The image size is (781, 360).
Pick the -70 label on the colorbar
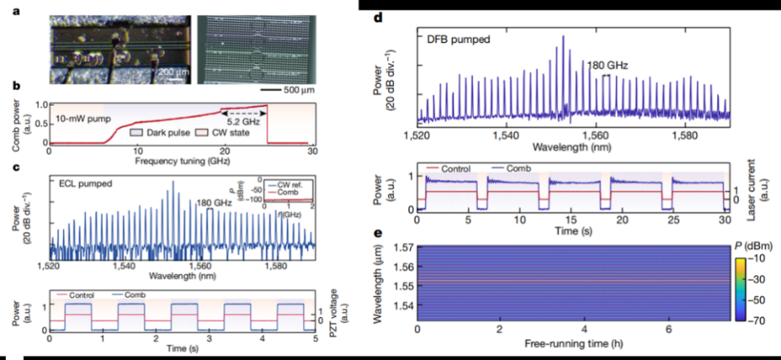[x=758, y=318]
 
